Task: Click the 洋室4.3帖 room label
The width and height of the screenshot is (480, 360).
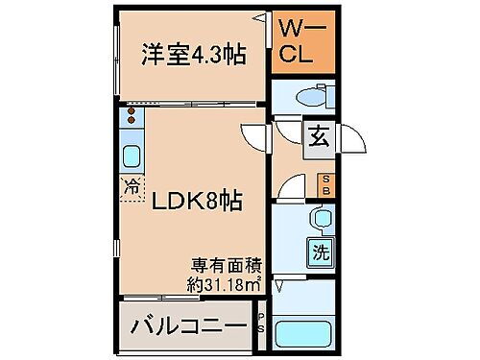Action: click(193, 56)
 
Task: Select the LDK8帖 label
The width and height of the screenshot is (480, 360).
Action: click(192, 204)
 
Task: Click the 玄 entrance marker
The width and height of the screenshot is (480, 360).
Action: click(316, 135)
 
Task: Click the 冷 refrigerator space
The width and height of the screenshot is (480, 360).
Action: click(130, 185)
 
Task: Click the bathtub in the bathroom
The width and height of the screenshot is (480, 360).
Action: click(305, 334)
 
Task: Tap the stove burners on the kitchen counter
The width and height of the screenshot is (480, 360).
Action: click(130, 120)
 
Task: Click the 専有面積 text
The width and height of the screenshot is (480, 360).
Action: click(228, 264)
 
